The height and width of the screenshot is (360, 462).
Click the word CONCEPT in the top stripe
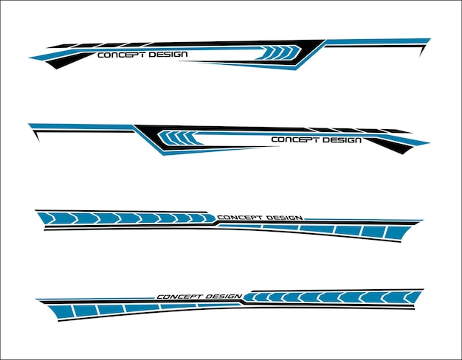pyautogui.click(x=121, y=55)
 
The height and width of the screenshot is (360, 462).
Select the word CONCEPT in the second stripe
pyautogui.click(x=294, y=139)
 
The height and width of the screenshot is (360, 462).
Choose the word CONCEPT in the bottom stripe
pyautogui.click(x=177, y=297)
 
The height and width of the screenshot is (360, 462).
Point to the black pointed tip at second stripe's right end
pyautogui.click(x=399, y=148)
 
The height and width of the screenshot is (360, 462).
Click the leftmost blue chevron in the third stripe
pyautogui.click(x=47, y=218)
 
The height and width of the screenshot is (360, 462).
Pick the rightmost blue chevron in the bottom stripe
pyautogui.click(x=412, y=297)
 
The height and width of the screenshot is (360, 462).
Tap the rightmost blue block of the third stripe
pyautogui.click(x=396, y=232)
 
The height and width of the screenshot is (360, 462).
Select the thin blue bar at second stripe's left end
pyautogui.click(x=81, y=127)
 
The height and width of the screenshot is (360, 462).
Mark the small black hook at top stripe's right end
pyautogui.click(x=422, y=50)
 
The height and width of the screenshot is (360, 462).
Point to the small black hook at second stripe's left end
pyautogui.click(x=36, y=136)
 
